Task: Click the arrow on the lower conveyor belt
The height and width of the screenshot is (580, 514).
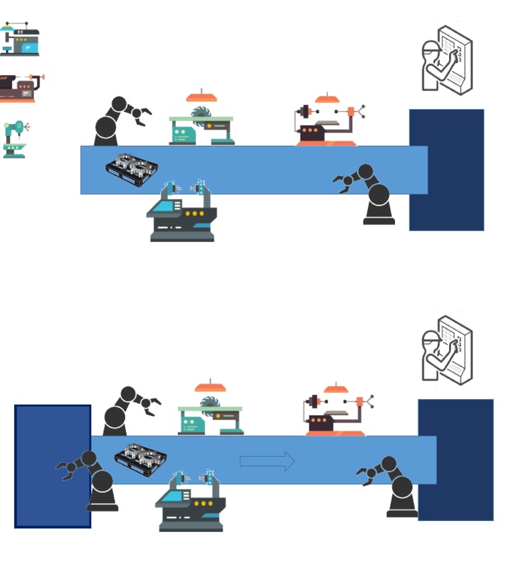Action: [x=267, y=461]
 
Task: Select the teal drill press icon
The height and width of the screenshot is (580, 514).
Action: [x=15, y=139]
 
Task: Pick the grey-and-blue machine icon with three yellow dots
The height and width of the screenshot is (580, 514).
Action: [x=20, y=39]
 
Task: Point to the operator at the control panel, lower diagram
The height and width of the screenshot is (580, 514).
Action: [x=446, y=350]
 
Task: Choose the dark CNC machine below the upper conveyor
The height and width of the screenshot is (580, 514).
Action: [x=182, y=213]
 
